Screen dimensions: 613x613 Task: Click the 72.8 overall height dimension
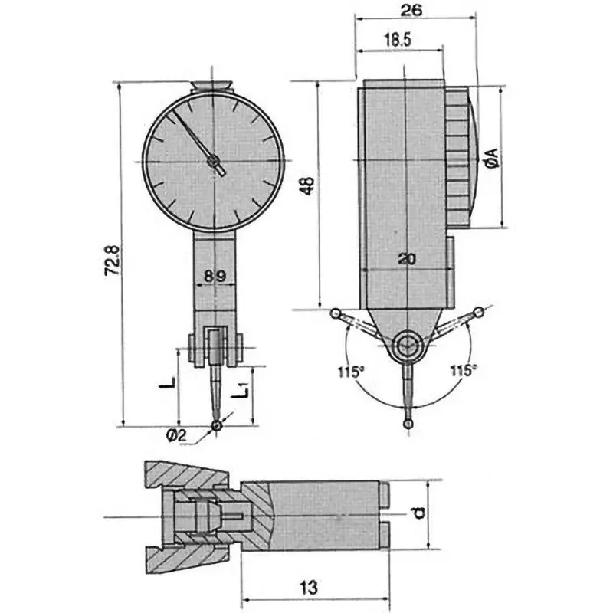pos(113,260)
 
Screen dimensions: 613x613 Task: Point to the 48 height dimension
pos(306,186)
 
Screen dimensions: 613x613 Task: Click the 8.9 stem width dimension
pos(215,274)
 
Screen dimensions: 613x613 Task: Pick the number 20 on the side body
pos(408,259)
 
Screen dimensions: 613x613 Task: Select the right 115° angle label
pos(463,371)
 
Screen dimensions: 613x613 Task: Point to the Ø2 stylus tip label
pos(176,435)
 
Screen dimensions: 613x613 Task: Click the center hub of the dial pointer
pos(213,161)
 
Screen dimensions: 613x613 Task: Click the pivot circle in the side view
pos(407,347)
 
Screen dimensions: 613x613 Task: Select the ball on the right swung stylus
pos(480,312)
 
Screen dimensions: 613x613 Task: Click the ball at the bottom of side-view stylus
pos(408,422)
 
